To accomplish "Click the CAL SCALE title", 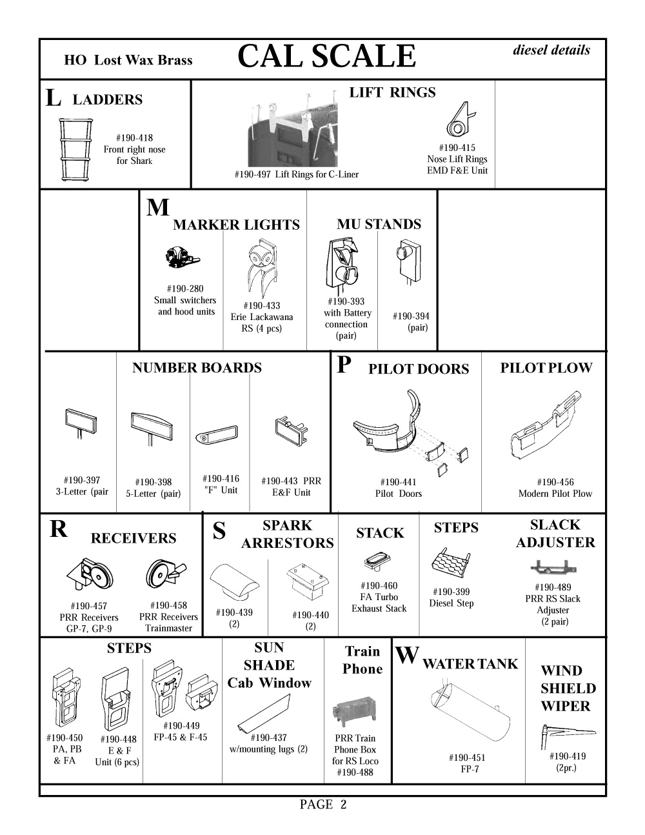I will click(326, 57).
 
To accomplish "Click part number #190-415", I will click(457, 148).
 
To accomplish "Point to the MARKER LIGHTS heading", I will click(236, 225).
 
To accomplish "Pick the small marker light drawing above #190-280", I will click(181, 258).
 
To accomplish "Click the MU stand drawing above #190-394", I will click(409, 258).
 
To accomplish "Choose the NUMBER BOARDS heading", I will click(197, 368).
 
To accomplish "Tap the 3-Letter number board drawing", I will click(81, 422).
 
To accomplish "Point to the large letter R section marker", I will click(58, 529).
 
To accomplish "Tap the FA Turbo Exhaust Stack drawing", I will click(375, 561).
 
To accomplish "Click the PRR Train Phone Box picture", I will click(354, 712).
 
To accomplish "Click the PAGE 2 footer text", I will click(323, 805).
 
